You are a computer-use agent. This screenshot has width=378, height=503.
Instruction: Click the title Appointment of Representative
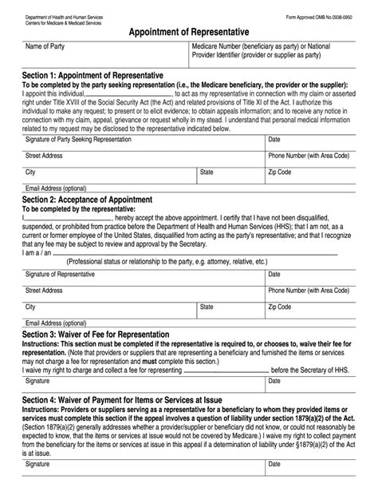188,30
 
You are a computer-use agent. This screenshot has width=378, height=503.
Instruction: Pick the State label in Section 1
207,172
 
